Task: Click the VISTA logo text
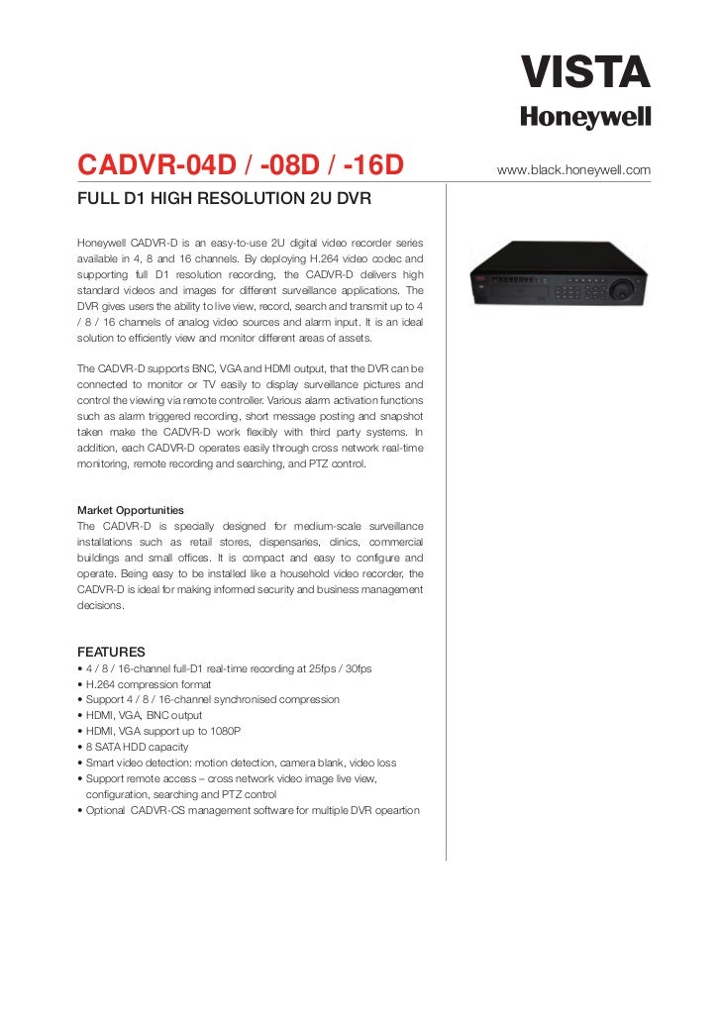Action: tap(586, 72)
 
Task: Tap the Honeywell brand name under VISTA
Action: tap(586, 118)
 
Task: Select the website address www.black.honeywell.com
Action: tap(573, 170)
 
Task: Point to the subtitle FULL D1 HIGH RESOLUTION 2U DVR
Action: tap(224, 200)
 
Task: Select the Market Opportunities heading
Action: tap(129, 510)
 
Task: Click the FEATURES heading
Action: tap(111, 652)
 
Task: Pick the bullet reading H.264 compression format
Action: tap(152, 683)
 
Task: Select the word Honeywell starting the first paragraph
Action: tap(101, 243)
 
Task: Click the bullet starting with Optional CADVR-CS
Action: tap(248, 810)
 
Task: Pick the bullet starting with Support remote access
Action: tap(228, 778)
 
